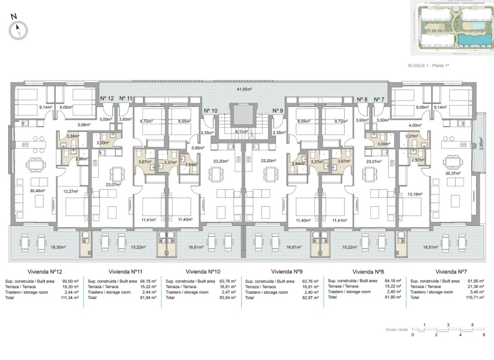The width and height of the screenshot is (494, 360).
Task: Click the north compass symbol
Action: [x=19, y=29]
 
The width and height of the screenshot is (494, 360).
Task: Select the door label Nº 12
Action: [x=106, y=99]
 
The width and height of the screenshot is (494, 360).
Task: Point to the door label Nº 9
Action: [x=278, y=110]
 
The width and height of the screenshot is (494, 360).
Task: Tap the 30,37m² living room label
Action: [x=452, y=172]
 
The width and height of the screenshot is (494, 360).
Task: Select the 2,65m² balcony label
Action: [x=482, y=143]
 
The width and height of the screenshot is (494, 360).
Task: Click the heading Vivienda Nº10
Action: [x=203, y=271]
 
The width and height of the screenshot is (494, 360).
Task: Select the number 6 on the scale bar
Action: [x=484, y=334]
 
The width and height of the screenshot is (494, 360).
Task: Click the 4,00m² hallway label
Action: [x=415, y=125]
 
